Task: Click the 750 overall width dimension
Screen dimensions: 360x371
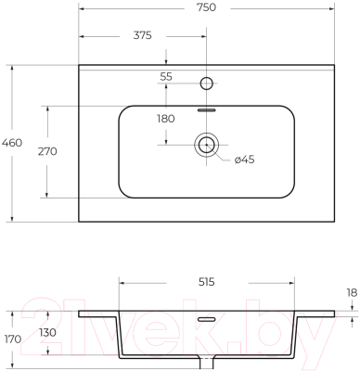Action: tap(207, 7)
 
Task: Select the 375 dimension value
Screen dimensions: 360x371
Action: tap(143, 35)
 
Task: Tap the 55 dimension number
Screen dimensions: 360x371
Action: tap(166, 76)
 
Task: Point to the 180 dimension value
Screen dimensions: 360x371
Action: tap(166, 119)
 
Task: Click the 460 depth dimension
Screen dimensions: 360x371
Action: tap(12, 143)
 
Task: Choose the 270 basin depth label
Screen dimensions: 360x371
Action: tap(47, 151)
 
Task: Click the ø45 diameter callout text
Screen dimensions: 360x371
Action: tap(244, 160)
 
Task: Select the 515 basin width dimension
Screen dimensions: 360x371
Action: tap(207, 282)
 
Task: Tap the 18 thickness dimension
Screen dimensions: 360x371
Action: tap(352, 292)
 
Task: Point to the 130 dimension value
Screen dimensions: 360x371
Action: tap(47, 333)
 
